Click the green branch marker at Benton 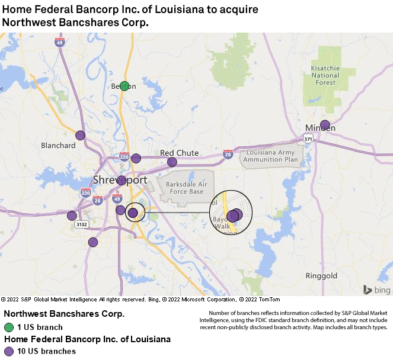[x=124, y=86]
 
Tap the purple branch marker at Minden [x=325, y=125]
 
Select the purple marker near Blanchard [x=81, y=135]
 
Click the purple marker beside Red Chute [x=172, y=162]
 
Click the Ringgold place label [x=321, y=276]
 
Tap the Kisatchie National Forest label [x=325, y=76]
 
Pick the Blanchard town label [x=58, y=146]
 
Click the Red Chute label [x=179, y=153]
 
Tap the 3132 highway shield [x=81, y=225]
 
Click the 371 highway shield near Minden [x=308, y=139]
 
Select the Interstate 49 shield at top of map [x=59, y=41]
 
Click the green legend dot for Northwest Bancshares [x=9, y=327]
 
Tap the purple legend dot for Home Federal [x=9, y=351]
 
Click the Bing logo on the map [x=377, y=290]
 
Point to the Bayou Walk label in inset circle [x=223, y=222]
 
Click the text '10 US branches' [x=46, y=351]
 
